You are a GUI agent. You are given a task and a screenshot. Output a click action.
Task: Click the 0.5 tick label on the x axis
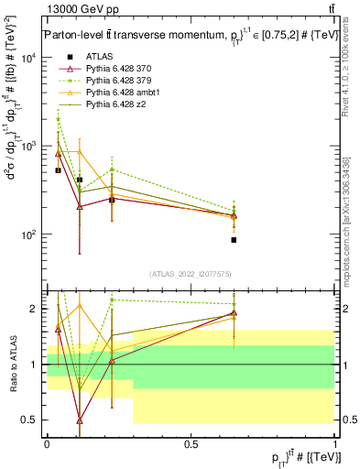tap(191, 442)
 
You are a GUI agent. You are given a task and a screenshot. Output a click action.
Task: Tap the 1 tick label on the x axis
tap(335, 442)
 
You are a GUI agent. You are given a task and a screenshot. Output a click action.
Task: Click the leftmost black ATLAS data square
tap(58, 170)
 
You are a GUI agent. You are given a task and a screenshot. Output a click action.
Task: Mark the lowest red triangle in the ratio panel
tap(80, 420)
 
